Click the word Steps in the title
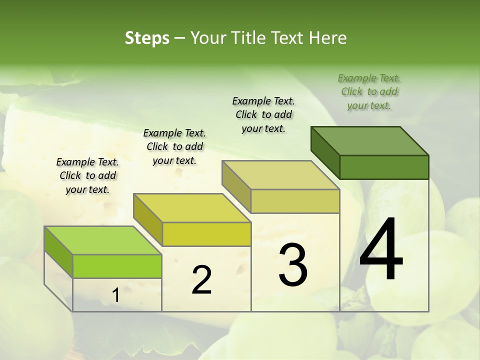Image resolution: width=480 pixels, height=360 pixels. pos(147,38)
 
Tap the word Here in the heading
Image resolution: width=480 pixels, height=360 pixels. pos(328,38)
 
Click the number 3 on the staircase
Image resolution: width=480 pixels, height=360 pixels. pos(293,265)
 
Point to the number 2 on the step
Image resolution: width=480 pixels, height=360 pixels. pos(201,280)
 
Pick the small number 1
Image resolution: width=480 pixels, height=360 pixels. pos(116,295)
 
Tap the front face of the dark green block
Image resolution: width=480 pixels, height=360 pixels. pos(384,167)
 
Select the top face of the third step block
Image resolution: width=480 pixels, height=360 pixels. pos(281,175)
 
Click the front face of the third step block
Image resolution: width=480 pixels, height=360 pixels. pos(295,201)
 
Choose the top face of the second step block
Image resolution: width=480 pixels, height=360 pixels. pos(192,208)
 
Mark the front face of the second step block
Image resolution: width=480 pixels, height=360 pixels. pos(206,234)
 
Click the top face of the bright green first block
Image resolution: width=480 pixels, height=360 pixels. pos(103,240)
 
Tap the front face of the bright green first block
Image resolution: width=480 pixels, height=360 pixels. pos(117,266)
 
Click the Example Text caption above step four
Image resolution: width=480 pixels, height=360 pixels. pos(369,91)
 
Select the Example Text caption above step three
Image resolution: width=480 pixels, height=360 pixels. pos(263,114)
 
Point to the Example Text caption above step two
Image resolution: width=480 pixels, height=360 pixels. pos(174,146)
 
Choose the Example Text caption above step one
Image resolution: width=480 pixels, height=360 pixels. pos(87,175)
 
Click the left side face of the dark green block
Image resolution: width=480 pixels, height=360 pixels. pos(325,150)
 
